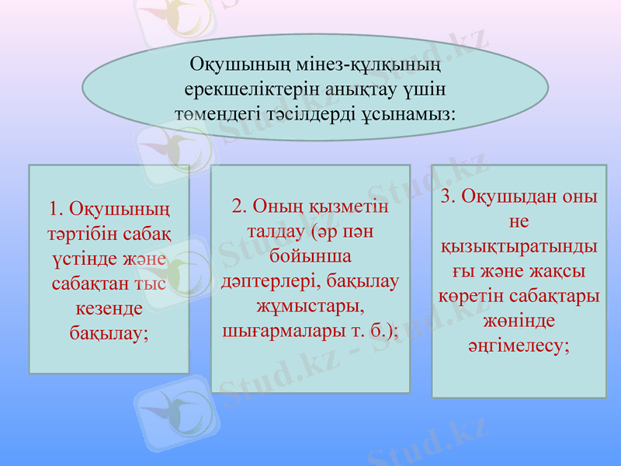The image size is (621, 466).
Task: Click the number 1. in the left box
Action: tap(54, 210)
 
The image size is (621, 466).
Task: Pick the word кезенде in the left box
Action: tap(109, 308)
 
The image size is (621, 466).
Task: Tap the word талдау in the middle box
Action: tap(274, 231)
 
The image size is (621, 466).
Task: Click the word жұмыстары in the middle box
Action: tap(310, 306)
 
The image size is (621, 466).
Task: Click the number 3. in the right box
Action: tap(449, 196)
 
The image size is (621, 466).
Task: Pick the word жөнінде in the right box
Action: tap(519, 321)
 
